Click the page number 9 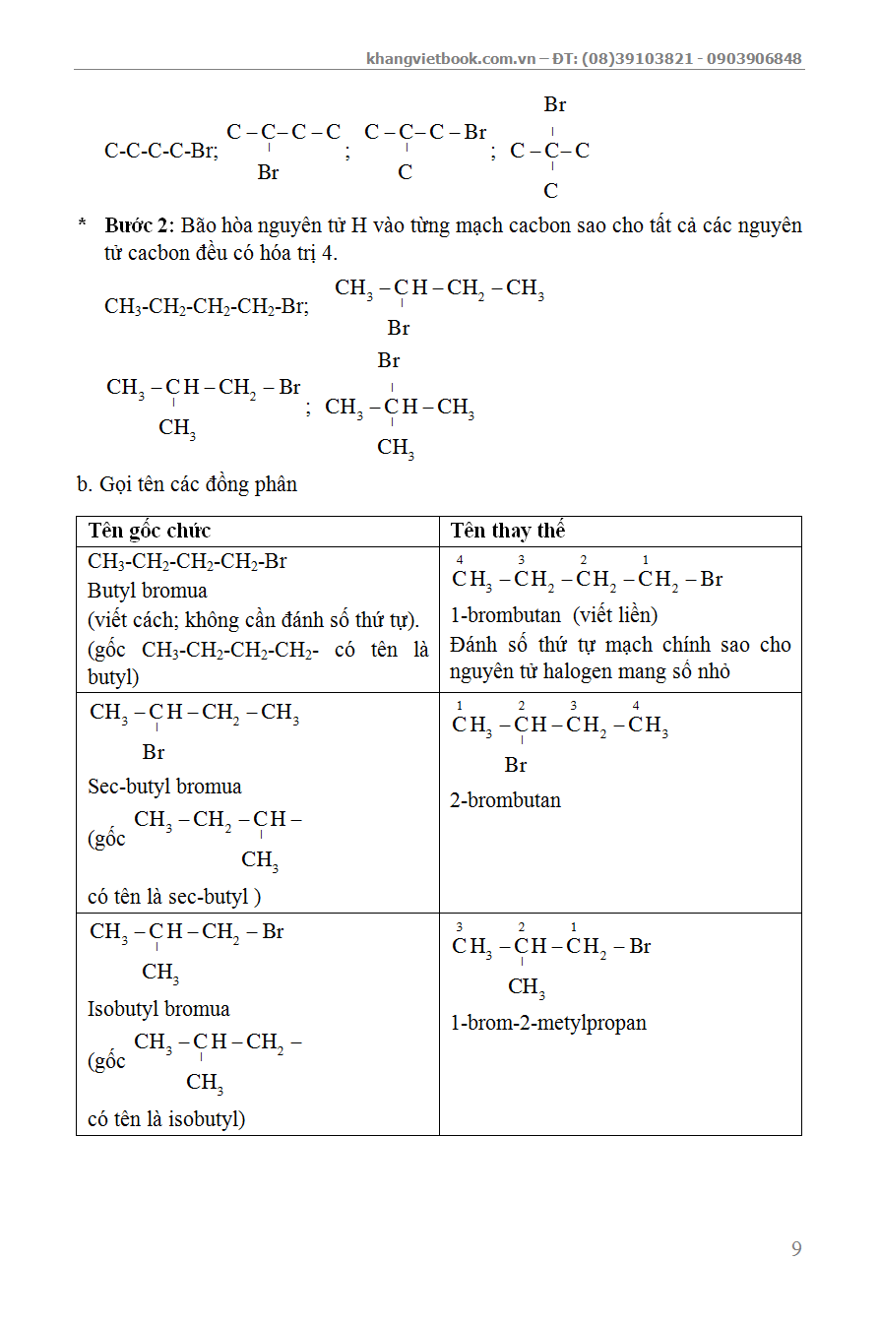[796, 1249]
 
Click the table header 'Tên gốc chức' [149, 532]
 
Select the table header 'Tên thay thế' [508, 532]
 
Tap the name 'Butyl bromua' [148, 592]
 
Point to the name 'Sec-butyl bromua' [164, 787]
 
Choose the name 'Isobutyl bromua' [158, 1009]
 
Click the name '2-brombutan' [506, 800]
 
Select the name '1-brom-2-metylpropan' [548, 1023]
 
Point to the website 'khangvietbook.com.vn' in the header [451, 58]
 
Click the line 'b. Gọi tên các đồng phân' [187, 484]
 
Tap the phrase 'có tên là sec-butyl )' [174, 897]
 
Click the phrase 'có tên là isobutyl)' [166, 1119]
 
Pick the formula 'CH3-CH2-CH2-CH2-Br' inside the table [187, 562]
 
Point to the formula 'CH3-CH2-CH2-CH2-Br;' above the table [207, 306]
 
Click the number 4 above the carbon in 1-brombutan [460, 560]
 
